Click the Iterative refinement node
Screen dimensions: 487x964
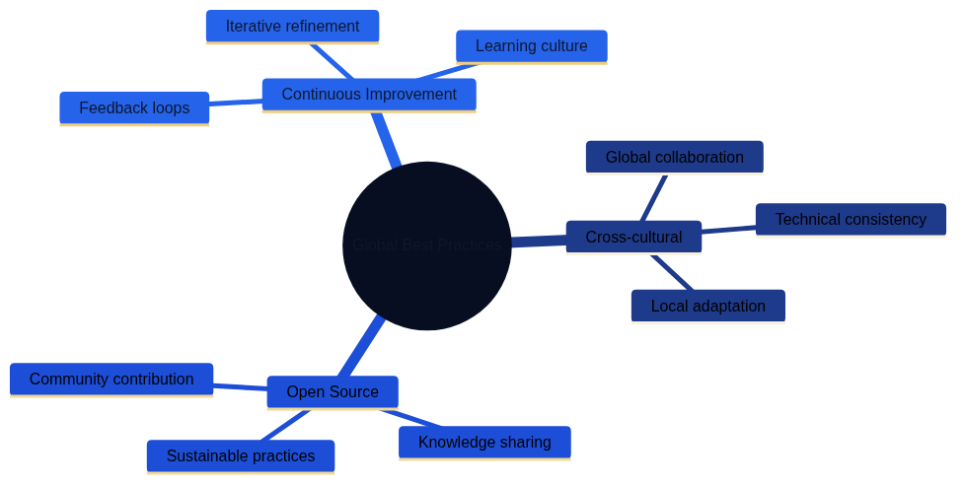coord(292,27)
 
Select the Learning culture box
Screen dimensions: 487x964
coord(531,46)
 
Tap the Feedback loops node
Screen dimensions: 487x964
coord(134,108)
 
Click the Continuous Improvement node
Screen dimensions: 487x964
coord(368,95)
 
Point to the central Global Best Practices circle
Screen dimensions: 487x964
coord(426,245)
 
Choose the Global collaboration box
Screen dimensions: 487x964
coord(674,158)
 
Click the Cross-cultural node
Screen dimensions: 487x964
coord(633,238)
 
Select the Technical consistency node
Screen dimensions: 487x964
coord(851,220)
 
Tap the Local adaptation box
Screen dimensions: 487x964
coord(707,307)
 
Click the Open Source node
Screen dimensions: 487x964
coord(333,392)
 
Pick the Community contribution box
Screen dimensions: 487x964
coord(111,380)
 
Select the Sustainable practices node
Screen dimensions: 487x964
coord(241,456)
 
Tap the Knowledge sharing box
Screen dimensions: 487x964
coord(484,443)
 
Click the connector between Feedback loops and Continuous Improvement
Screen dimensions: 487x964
coord(236,102)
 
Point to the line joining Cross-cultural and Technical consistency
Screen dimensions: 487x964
coord(728,230)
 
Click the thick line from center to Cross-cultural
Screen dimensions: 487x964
coord(538,242)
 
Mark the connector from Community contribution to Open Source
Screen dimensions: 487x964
coord(240,386)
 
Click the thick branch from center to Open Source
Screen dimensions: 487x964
coord(360,346)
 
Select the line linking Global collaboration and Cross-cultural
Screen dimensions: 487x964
coord(654,197)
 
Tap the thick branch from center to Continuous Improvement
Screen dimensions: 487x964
coord(386,139)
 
